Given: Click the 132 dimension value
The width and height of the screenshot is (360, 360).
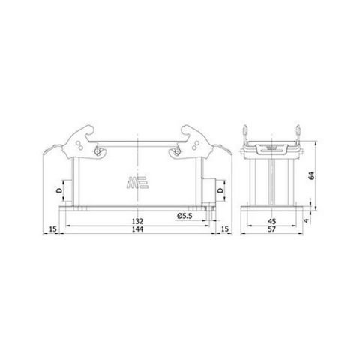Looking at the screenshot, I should [x=138, y=222].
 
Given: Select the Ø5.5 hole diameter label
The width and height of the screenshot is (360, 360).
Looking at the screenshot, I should [x=187, y=217].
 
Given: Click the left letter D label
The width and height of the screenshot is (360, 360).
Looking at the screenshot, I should [x=60, y=192].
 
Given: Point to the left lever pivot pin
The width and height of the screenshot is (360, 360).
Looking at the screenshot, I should [x=100, y=155].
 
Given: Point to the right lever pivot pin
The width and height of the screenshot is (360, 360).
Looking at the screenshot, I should [x=176, y=155].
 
